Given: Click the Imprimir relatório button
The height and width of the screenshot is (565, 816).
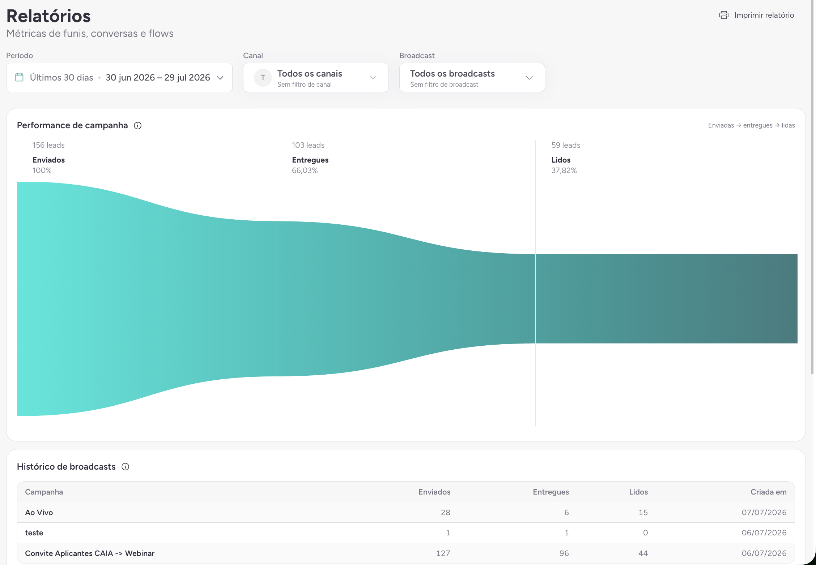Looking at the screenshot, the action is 757,15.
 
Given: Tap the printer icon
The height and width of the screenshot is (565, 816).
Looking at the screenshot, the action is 724,15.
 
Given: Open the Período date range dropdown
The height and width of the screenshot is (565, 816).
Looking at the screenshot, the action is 119,78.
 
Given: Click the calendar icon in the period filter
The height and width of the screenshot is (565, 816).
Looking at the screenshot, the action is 20,77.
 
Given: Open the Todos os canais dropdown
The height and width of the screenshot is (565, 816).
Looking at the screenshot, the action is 316,78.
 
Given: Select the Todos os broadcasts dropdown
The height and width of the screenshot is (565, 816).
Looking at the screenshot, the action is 472,78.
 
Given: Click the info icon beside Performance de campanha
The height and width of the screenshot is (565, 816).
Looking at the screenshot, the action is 138,125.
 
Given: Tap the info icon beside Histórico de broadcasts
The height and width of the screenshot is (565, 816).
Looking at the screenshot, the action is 126,467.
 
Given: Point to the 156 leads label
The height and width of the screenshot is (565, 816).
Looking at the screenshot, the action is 48,145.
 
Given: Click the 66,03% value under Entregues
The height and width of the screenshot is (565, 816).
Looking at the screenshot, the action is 305,171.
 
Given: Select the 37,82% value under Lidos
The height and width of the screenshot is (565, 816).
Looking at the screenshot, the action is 564,171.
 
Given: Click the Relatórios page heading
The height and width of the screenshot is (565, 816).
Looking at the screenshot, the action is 48,16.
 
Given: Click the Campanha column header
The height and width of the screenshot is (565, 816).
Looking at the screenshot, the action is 44,492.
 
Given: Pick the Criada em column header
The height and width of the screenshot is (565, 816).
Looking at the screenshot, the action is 769,492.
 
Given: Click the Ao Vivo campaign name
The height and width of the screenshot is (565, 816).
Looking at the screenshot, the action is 39,513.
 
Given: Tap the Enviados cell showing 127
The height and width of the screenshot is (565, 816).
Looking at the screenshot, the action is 443,553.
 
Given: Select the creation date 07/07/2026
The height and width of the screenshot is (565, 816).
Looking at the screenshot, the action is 764,513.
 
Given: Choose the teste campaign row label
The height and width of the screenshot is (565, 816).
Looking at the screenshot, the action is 34,533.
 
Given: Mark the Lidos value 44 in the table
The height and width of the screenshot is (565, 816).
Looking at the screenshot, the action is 643,553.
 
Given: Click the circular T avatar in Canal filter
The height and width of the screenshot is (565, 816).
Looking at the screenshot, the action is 263,78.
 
